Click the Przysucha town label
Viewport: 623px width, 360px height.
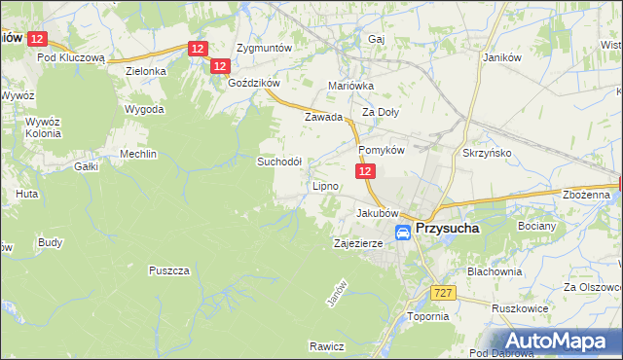tap(451, 229)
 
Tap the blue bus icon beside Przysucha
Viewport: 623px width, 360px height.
tap(403, 233)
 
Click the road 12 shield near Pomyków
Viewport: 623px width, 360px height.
tap(365, 170)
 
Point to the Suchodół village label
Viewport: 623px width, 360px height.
tap(279, 162)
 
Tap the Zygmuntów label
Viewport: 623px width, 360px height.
tap(266, 47)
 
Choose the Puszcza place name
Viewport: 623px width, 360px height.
tap(168, 270)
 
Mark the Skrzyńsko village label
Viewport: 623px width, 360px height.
tap(488, 153)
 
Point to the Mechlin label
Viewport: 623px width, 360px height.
tap(137, 154)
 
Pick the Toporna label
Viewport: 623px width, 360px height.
tap(427, 316)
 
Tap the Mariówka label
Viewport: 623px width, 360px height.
tap(351, 86)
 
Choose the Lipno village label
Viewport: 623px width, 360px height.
tap(324, 185)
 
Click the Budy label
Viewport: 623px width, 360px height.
tap(50, 241)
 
